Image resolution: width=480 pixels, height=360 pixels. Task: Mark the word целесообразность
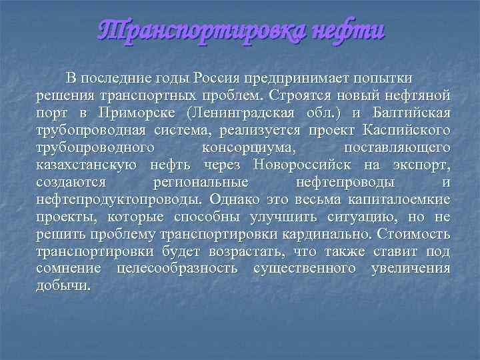pos(176,269)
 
